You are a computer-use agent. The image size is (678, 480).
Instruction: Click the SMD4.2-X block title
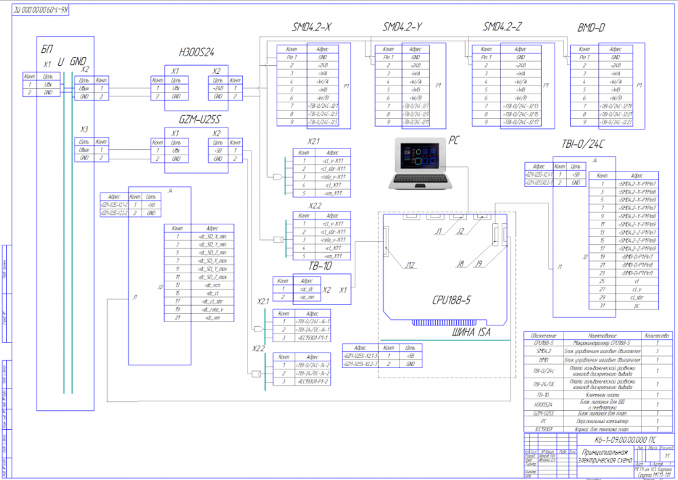(x=312, y=28)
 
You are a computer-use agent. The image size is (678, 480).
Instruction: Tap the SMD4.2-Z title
(x=502, y=28)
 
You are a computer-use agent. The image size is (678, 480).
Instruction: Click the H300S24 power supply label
(x=197, y=52)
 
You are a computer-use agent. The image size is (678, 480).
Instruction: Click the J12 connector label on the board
(x=410, y=265)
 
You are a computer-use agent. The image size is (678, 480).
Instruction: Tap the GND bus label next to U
(x=79, y=61)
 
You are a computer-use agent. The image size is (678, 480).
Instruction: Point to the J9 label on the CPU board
(x=479, y=264)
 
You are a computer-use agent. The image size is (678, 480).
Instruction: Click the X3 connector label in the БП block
(x=84, y=129)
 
